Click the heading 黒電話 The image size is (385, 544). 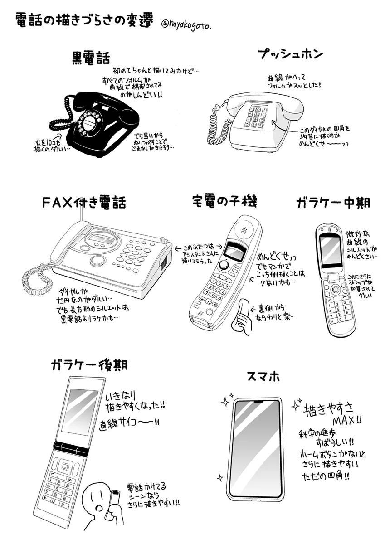coord(91,58)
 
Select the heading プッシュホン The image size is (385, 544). coord(290,54)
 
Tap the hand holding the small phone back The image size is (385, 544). coord(243,320)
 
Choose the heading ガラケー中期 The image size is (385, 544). coord(333,202)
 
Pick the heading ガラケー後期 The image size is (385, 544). coord(89,364)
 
